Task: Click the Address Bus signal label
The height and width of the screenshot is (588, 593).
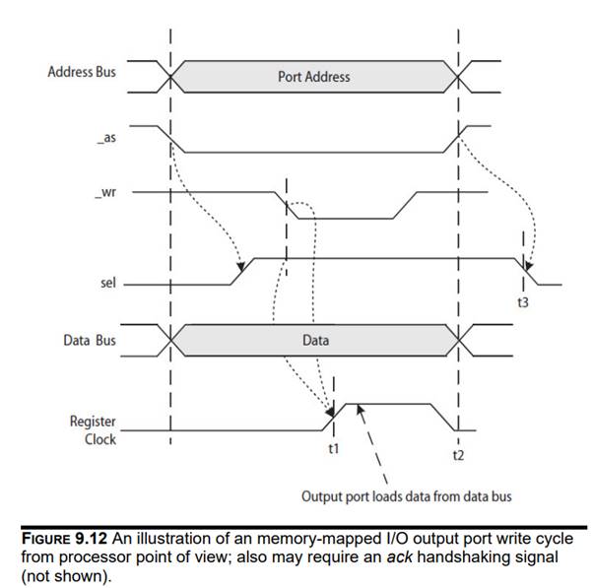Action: click(82, 72)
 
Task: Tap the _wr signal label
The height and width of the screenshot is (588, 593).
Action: click(108, 192)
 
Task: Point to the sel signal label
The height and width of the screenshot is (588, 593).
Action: click(108, 283)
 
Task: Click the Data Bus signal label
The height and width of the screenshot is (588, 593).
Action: click(90, 340)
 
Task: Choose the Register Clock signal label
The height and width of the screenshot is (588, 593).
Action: click(93, 429)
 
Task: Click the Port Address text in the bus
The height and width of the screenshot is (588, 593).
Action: click(314, 76)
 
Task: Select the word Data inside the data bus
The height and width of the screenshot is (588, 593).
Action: click(315, 340)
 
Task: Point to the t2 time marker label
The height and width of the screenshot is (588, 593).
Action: click(458, 455)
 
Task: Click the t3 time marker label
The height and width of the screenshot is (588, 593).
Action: click(523, 302)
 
